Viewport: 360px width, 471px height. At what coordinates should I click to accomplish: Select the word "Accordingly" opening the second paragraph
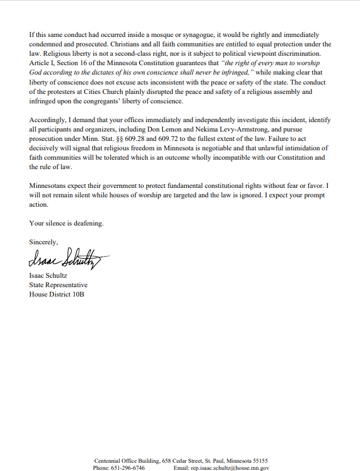pos(47,120)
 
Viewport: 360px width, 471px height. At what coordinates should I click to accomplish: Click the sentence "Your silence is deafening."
pos(66,223)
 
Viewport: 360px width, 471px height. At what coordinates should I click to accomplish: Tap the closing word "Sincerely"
pos(43,241)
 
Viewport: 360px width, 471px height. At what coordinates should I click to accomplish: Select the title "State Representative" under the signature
pos(58,285)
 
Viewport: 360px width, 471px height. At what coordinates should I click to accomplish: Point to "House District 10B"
pos(56,294)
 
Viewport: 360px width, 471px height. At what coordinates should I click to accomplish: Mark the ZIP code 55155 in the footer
pos(258,460)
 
